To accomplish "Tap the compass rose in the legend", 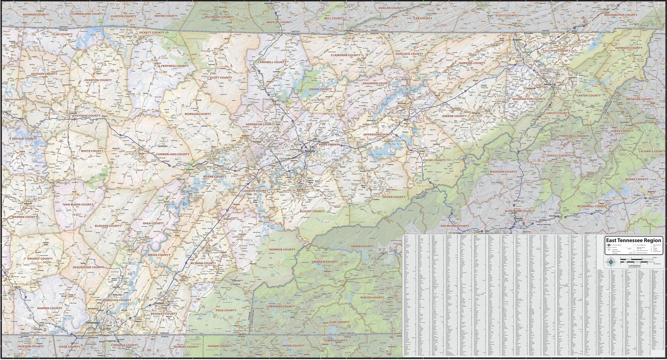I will pyautogui.click(x=611, y=262).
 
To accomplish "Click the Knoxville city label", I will pyautogui.click(x=310, y=151).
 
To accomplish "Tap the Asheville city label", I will pyautogui.click(x=518, y=218).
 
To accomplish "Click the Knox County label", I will pyautogui.click(x=329, y=145).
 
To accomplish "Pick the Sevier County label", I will pyautogui.click(x=394, y=197).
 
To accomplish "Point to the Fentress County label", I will pyautogui.click(x=175, y=66).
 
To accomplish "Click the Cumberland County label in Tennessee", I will pyautogui.click(x=172, y=154).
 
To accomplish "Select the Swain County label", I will pyautogui.click(x=362, y=246).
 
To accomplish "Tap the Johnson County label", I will pyautogui.click(x=629, y=48).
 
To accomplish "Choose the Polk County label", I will pyautogui.click(x=226, y=310).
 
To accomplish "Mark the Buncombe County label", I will pyautogui.click(x=520, y=211).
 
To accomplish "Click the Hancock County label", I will pyautogui.click(x=409, y=54).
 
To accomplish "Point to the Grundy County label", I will pyautogui.click(x=40, y=258).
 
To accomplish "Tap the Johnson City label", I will pyautogui.click(x=550, y=84).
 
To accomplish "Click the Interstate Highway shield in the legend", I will pyautogui.click(x=609, y=245).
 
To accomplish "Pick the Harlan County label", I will pyautogui.click(x=391, y=8).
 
